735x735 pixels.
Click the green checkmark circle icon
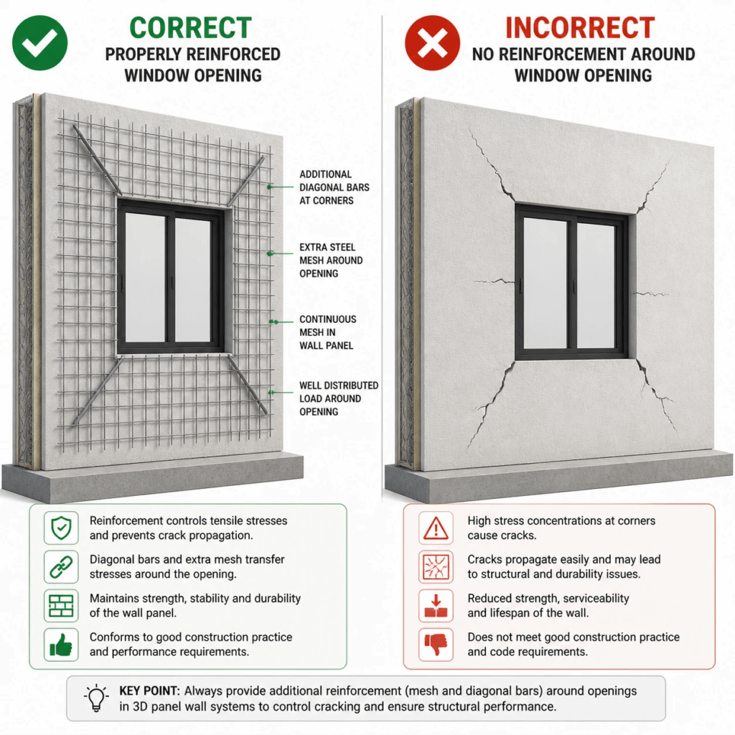(40, 42)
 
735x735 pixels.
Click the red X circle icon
(432, 42)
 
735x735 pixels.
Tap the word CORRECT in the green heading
(190, 28)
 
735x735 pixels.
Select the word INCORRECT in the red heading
(580, 28)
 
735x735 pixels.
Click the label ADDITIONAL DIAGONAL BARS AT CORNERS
(334, 187)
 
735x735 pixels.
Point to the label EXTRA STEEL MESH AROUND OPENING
(331, 260)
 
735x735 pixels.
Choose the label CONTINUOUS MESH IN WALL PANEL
(327, 332)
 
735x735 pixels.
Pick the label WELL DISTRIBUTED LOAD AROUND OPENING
(339, 398)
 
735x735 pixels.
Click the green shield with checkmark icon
(61, 528)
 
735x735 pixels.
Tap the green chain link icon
(61, 567)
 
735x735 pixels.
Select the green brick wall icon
(61, 606)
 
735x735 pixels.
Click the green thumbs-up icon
(61, 645)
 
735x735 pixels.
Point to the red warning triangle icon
(436, 528)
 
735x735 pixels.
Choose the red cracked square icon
(436, 567)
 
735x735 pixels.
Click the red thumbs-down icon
(436, 645)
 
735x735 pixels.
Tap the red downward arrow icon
(436, 606)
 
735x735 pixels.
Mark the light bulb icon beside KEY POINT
(96, 698)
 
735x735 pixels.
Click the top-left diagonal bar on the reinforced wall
(97, 160)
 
